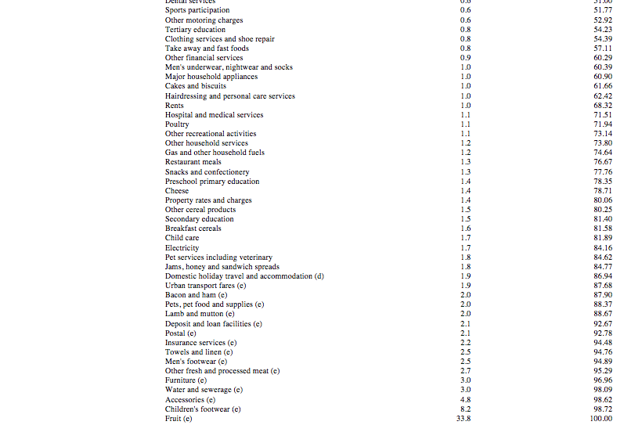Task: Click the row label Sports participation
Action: [197, 10]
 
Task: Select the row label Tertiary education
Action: [195, 30]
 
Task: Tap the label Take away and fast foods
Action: [207, 49]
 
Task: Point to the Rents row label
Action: [175, 105]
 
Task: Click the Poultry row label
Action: [177, 124]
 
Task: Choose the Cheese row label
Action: [177, 191]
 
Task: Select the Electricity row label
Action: [182, 247]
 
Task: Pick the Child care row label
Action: [182, 238]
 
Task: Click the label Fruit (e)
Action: [179, 418]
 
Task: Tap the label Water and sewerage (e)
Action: [204, 390]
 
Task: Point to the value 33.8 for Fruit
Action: [463, 418]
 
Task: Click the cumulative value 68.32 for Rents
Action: [602, 105]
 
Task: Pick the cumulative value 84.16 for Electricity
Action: [602, 247]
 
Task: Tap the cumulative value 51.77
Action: [602, 10]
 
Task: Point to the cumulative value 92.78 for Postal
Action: [602, 333]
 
